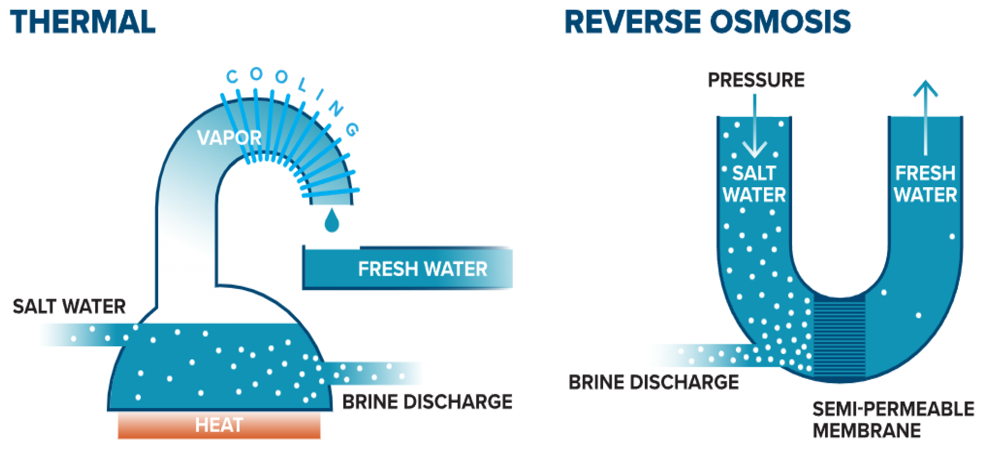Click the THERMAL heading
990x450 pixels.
(x=83, y=22)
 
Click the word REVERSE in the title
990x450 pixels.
(x=633, y=22)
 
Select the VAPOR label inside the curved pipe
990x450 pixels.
(x=229, y=137)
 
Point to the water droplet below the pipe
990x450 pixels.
(x=332, y=221)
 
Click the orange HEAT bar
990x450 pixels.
(x=219, y=425)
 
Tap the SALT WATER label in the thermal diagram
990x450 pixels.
(x=69, y=306)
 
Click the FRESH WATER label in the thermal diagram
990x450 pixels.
(x=422, y=269)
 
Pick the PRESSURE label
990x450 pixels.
(x=756, y=80)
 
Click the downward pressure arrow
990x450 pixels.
(x=755, y=127)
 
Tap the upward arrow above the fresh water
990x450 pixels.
(x=925, y=115)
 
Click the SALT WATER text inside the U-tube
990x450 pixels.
(x=754, y=184)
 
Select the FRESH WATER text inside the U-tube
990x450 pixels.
(x=925, y=184)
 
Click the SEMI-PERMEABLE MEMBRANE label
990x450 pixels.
(x=893, y=419)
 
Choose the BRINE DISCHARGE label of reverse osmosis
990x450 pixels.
(x=653, y=382)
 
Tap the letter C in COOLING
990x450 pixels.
(x=232, y=77)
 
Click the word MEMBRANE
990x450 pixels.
(x=866, y=430)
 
